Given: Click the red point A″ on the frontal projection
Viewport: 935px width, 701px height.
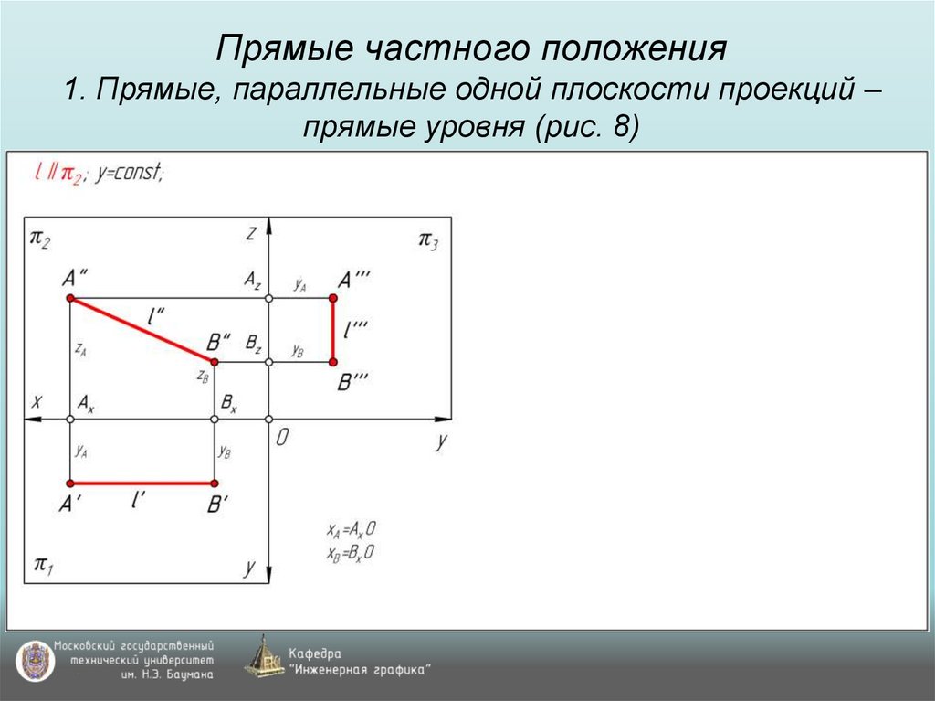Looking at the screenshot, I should pos(70,299).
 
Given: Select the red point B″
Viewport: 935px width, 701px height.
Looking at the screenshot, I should pos(215,362).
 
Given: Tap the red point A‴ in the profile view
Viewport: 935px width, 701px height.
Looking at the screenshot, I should pos(333,299).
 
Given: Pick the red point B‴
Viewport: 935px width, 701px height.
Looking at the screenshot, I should pos(333,363).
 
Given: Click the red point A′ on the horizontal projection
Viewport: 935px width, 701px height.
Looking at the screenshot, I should pos(70,483).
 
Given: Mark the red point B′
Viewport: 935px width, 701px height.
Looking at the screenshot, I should pos(215,483).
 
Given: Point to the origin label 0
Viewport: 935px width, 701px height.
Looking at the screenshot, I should pos(282,438).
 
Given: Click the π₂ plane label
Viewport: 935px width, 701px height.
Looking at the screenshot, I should pos(40,239).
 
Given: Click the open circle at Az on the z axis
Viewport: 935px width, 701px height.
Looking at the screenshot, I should pos(268,299).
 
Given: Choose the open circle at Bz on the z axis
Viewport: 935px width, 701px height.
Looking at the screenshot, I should pos(268,363).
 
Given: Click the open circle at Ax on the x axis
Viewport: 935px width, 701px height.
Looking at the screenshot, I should pos(70,420).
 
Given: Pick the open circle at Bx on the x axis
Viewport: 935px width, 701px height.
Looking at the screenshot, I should pos(215,420).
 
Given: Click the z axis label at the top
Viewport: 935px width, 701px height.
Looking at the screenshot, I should pos(250,234).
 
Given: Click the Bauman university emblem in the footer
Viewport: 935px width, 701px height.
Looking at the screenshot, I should pos(34,660).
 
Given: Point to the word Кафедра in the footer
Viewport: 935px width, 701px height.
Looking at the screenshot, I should pos(315,653).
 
